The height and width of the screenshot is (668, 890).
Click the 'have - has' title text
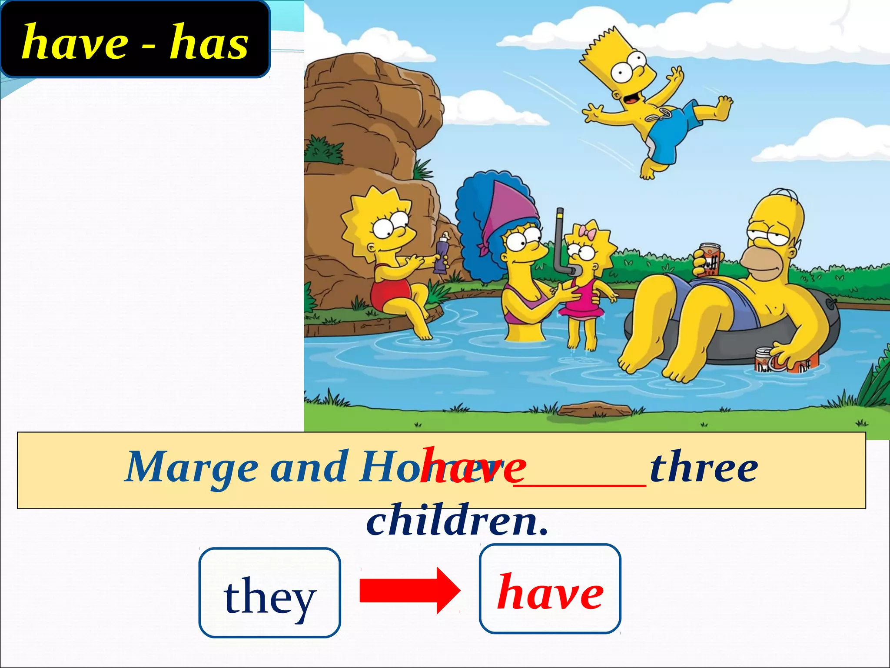click(x=135, y=42)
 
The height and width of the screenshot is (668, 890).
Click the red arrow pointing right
click(x=409, y=591)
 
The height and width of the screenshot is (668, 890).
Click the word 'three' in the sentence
click(x=704, y=468)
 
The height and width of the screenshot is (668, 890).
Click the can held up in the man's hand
click(x=709, y=259)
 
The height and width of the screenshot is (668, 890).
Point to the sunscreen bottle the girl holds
click(x=442, y=252)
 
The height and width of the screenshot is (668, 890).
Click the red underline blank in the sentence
click(x=580, y=485)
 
